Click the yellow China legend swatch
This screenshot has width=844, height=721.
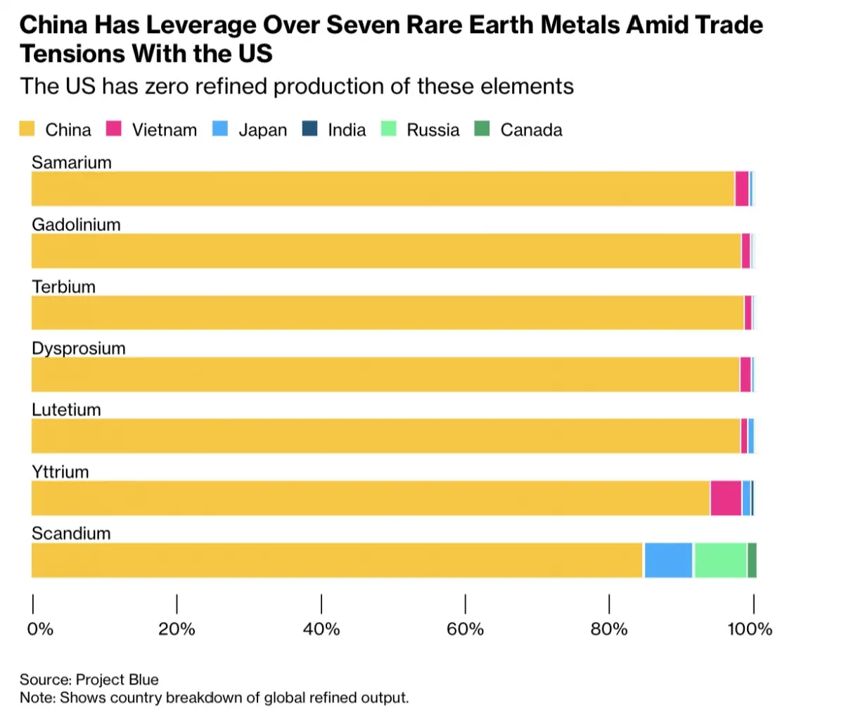tap(27, 129)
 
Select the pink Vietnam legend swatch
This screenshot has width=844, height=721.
tap(114, 129)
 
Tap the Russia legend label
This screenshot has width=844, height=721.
tap(433, 130)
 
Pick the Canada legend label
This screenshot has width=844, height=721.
tap(531, 130)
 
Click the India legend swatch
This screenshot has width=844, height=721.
tap(309, 129)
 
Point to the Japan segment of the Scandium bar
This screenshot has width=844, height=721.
tap(668, 560)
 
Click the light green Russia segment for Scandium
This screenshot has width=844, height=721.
tap(720, 560)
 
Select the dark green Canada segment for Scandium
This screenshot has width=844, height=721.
tap(752, 560)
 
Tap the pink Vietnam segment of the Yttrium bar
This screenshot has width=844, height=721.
tap(726, 498)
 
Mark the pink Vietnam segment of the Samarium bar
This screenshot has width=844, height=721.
tap(742, 189)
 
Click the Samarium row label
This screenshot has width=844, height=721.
tap(72, 162)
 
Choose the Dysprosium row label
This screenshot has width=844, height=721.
tap(79, 349)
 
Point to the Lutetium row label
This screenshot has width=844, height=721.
tap(66, 410)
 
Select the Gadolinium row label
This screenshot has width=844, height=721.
tap(76, 225)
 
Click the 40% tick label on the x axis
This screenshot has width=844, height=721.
tap(321, 629)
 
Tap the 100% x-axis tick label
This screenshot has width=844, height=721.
tap(750, 629)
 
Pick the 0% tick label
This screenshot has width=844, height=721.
tap(40, 629)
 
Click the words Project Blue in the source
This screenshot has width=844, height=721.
tap(117, 680)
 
